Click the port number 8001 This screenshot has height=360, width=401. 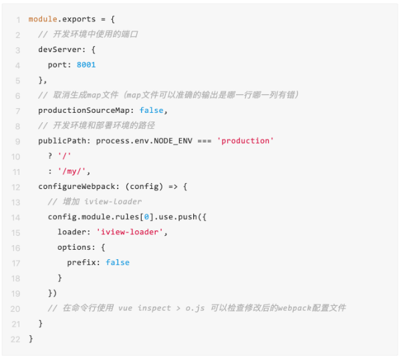86,65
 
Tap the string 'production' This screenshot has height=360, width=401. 245,141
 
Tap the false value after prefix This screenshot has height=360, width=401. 118,262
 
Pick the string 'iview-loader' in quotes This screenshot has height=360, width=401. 132,232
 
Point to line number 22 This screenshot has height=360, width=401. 15,339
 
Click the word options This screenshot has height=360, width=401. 76,247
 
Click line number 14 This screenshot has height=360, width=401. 15,217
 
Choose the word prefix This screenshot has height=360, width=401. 83,262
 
